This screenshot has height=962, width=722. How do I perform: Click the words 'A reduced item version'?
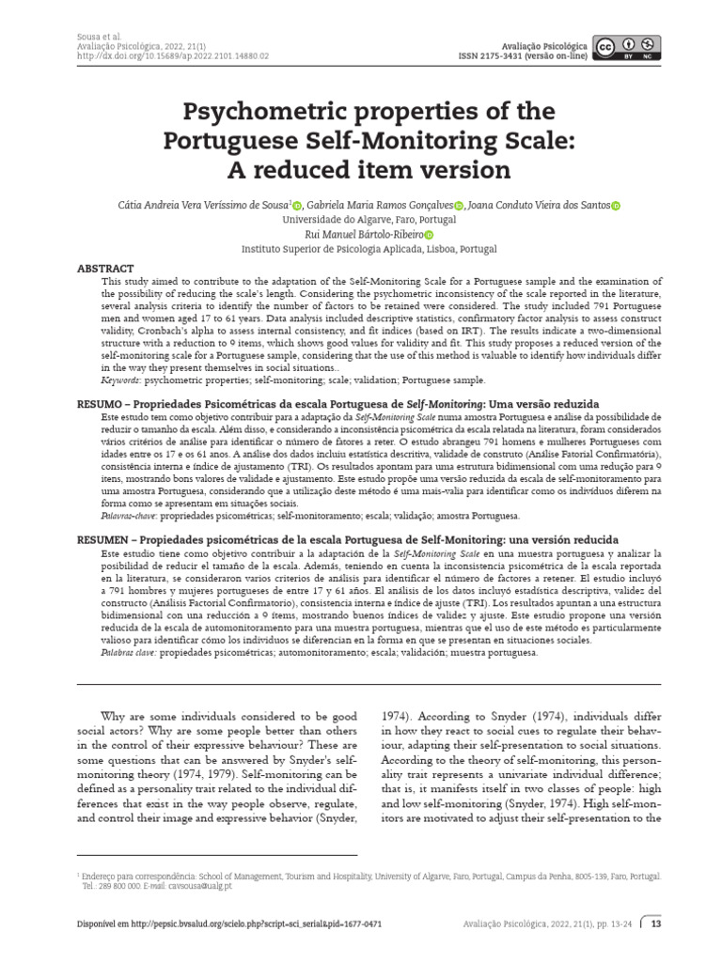(361, 170)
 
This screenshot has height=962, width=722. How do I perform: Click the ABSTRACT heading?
(104, 269)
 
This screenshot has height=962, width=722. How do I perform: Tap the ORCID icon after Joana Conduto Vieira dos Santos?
(616, 206)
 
